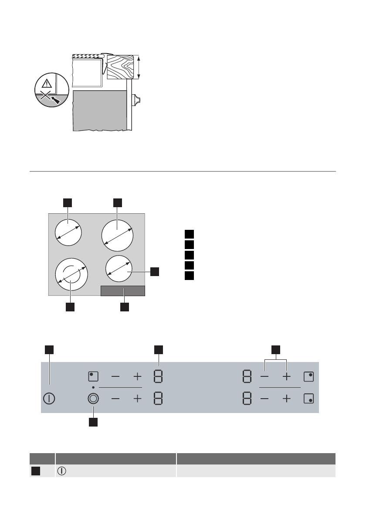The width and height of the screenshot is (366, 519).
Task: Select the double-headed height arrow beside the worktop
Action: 139,67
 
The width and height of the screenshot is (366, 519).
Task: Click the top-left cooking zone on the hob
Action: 68,233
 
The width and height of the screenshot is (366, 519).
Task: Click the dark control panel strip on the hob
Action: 122,291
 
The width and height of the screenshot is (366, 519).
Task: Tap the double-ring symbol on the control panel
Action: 93,399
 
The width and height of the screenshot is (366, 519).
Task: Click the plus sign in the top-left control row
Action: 138,376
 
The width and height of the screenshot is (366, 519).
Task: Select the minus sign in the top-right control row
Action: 265,376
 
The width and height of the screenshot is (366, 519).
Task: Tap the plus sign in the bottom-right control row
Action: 287,399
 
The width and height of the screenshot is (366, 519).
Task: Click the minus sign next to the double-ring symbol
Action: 115,399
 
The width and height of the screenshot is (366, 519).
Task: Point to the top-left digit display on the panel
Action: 158,376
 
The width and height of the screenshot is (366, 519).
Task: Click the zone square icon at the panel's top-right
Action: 308,376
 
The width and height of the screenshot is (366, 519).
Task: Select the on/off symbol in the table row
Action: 61,471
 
